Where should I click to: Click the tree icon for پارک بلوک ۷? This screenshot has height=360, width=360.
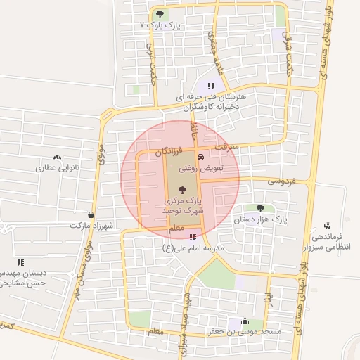pos(160,13)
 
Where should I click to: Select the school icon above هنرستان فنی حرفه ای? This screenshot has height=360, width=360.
pos(211,85)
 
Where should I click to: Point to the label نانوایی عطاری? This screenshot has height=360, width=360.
pos(56,168)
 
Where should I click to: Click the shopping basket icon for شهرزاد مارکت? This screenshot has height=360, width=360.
pos(91,214)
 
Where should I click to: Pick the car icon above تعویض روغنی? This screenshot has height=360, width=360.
pos(202,157)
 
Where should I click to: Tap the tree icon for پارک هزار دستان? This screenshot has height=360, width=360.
pos(261,208)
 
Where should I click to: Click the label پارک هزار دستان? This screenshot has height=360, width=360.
pos(261,219)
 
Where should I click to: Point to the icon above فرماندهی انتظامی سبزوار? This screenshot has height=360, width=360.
pos(327,226)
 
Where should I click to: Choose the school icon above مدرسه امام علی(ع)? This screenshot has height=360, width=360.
pos(193,237)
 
